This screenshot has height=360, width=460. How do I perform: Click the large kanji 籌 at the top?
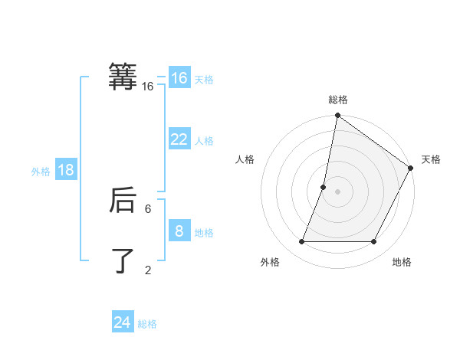tap(123, 77)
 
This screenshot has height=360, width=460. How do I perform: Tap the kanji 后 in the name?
tap(123, 201)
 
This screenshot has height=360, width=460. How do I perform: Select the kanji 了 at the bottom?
tap(123, 260)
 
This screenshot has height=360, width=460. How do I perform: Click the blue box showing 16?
tap(179, 78)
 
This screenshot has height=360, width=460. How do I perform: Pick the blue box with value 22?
tap(179, 139)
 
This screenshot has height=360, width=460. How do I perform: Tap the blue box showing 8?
tap(179, 231)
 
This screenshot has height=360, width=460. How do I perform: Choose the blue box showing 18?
tap(66, 170)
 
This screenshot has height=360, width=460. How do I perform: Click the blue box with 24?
tap(123, 322)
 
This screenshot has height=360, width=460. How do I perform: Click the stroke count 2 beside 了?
tap(148, 270)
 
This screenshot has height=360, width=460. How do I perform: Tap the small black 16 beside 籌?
tap(148, 87)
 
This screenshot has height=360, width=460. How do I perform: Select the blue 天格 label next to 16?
tap(204, 80)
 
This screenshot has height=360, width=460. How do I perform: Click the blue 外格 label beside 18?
tap(41, 172)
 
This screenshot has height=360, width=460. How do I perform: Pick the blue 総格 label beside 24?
tap(147, 324)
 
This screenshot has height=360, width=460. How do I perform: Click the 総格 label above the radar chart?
tap(337, 100)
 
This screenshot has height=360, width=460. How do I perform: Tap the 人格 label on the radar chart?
tap(245, 159)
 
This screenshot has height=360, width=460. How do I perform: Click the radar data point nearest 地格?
tap(373, 241)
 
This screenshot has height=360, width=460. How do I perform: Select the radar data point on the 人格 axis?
tap(324, 187)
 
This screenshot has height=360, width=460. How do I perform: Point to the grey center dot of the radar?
tap(337, 191)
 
